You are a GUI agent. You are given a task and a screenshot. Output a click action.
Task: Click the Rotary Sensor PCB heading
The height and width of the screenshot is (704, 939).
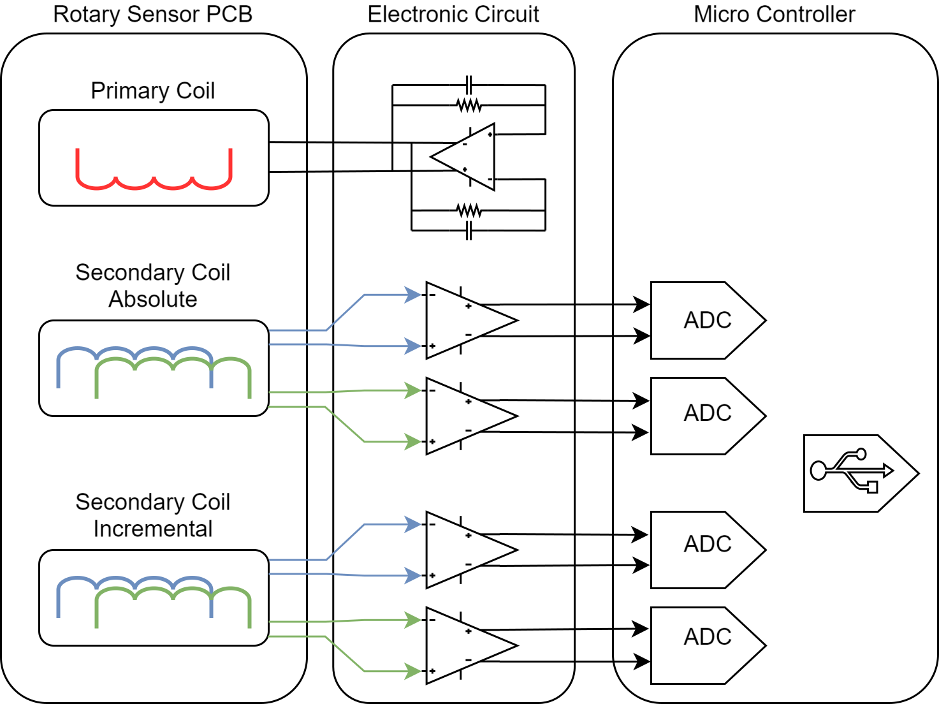pos(152,15)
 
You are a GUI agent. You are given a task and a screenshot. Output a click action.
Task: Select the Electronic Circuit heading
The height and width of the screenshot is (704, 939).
pos(453,15)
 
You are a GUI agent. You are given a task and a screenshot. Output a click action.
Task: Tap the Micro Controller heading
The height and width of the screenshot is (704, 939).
pos(774,15)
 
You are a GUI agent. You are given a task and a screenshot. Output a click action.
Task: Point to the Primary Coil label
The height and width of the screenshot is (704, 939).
pos(152,91)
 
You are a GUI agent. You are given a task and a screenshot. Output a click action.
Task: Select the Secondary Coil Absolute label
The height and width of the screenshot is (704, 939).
pos(152,286)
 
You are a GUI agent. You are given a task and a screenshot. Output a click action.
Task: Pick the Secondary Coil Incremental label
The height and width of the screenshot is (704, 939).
pos(152,515)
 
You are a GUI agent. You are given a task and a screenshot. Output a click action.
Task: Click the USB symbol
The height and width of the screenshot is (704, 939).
pos(852,472)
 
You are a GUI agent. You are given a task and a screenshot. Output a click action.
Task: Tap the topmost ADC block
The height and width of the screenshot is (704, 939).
pos(707,320)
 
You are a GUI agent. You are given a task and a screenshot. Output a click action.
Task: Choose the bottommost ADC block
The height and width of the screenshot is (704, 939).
pos(707,645)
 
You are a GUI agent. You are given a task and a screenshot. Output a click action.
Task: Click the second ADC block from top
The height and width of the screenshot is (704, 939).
pos(707,416)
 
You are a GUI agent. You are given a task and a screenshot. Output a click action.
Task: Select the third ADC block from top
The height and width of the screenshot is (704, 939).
pos(707,550)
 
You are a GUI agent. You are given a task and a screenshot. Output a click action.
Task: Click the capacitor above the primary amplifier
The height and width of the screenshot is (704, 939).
pos(469,85)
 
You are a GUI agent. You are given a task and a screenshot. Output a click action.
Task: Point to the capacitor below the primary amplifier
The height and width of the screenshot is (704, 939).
pos(469,230)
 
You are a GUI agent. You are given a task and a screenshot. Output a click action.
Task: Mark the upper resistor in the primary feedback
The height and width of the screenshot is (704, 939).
pos(469,105)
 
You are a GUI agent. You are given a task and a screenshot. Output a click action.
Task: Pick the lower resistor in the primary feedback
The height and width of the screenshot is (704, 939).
pos(469,210)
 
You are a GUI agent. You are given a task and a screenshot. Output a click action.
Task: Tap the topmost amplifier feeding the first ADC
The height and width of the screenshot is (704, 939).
pos(465,320)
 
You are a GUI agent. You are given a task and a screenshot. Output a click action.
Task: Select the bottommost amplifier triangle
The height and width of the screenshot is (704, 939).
pos(465,645)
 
